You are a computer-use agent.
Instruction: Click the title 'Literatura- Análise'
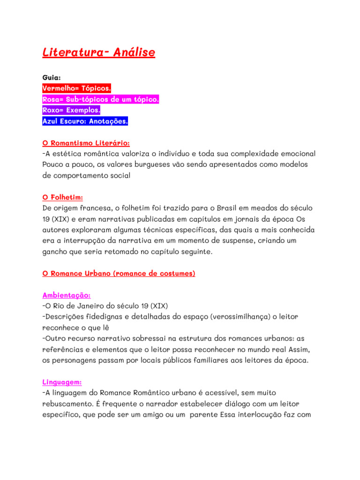tap(98, 52)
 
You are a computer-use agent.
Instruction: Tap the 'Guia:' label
tap(51, 77)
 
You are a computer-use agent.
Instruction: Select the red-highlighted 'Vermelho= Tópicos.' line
tap(76, 88)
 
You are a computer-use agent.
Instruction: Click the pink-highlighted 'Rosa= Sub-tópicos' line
tap(101, 99)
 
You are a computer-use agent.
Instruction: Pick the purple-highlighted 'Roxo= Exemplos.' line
tap(71, 111)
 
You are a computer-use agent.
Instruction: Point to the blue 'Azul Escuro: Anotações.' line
tap(85, 121)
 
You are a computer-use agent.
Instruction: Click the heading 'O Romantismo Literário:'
tap(86, 142)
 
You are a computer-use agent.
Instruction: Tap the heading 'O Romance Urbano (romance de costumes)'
tap(119, 273)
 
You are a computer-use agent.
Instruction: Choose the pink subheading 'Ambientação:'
tap(66, 295)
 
